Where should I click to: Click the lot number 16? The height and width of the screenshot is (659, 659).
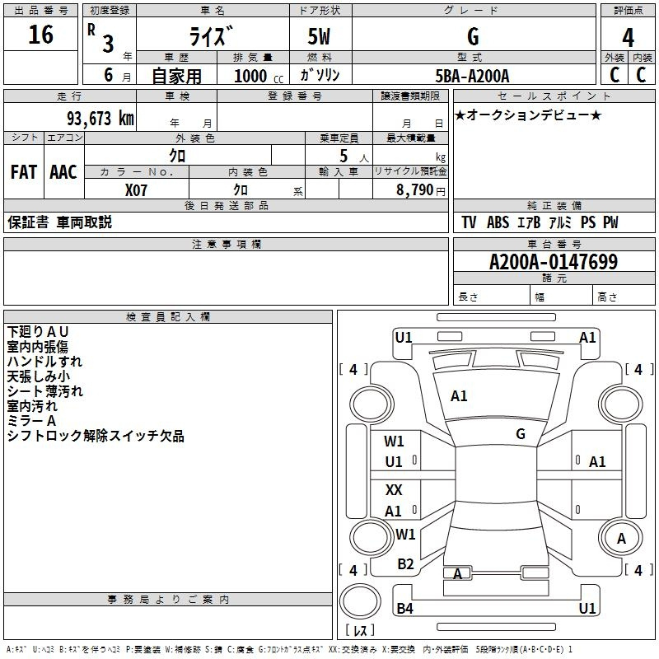click(40, 35)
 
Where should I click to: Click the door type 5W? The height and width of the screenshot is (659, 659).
click(320, 37)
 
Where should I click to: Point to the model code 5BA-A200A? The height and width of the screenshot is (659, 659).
click(472, 76)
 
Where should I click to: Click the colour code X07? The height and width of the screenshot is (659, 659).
click(137, 189)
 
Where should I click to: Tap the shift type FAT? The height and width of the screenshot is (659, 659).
click(23, 172)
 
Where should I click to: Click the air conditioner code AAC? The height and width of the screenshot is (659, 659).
click(63, 172)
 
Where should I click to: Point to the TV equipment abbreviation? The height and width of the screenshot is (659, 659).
click(469, 222)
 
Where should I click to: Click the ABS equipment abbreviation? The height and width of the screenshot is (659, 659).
click(498, 222)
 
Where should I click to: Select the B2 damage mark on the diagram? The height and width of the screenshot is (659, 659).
click(405, 563)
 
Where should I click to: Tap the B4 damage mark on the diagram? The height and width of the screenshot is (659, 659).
click(404, 609)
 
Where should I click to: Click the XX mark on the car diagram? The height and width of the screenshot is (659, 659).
click(394, 489)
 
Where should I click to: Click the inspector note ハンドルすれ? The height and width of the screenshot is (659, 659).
click(44, 361)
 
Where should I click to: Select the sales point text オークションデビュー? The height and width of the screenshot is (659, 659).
click(528, 115)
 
